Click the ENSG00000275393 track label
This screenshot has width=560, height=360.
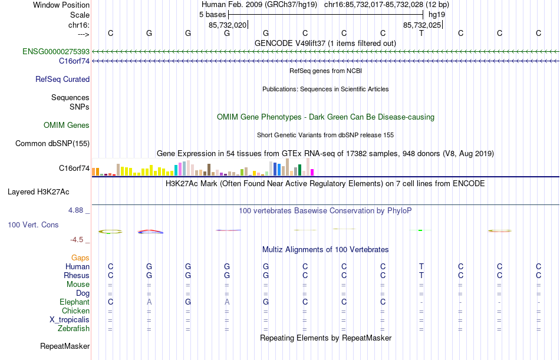click(56, 51)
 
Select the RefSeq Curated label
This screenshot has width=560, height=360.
click(62, 79)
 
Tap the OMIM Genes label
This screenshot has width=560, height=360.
click(67, 125)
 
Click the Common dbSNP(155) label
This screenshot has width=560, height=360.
click(52, 143)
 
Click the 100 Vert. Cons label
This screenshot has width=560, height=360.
click(33, 224)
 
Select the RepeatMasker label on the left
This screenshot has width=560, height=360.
click(65, 346)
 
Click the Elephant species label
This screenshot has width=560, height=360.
click(74, 302)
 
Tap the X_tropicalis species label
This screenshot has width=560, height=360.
click(70, 319)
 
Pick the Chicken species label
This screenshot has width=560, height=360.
click(76, 311)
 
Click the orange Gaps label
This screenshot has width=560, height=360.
click(80, 257)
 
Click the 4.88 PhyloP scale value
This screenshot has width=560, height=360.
click(78, 209)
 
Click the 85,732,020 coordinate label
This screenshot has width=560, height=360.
click(228, 25)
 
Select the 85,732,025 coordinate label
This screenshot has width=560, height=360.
click(421, 25)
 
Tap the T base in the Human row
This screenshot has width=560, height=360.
click(421, 266)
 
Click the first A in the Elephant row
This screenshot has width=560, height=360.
click(149, 302)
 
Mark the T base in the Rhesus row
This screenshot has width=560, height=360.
click(421, 275)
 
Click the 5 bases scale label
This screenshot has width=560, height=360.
click(213, 14)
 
